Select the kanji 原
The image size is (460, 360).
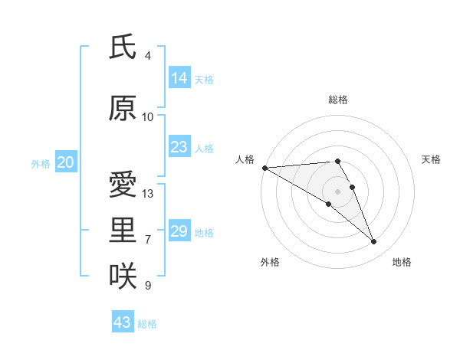click(123, 108)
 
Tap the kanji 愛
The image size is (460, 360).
click(123, 185)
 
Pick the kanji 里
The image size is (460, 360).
click(123, 231)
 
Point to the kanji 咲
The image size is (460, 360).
click(123, 277)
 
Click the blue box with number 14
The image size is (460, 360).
click(179, 78)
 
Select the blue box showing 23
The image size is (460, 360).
click(179, 147)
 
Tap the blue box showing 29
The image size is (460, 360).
click(179, 231)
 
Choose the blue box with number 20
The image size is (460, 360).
click(66, 162)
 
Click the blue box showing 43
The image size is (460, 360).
click(123, 322)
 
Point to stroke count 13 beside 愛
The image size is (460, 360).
click(148, 194)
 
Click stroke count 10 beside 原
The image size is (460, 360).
click(148, 116)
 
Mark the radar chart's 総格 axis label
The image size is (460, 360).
click(338, 100)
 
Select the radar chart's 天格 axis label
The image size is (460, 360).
click(432, 159)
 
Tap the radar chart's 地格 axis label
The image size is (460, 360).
click(402, 262)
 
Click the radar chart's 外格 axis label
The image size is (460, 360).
click(270, 262)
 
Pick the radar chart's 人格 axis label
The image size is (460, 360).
click(245, 159)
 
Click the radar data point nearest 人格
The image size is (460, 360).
click(264, 168)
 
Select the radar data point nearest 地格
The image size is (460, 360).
click(374, 242)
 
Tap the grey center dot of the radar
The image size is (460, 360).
click(337, 191)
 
